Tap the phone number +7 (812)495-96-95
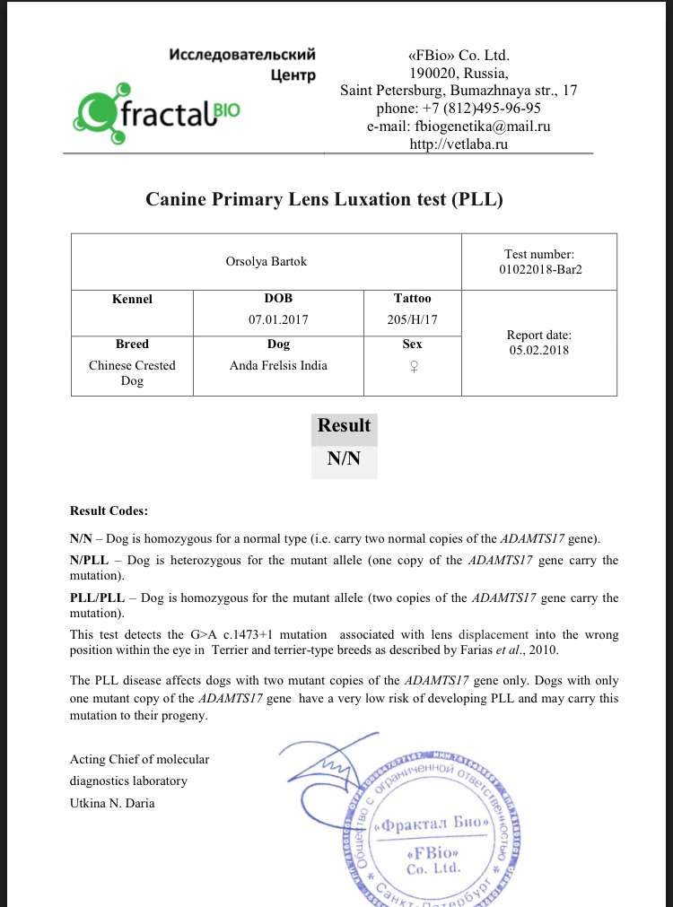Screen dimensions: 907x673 coord(459,108)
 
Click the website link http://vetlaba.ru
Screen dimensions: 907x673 coord(459,144)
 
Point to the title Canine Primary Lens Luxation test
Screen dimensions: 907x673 coord(324,199)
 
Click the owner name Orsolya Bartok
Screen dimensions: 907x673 coord(267,262)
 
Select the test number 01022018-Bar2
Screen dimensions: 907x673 coord(539,270)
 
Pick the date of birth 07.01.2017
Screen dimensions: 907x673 coord(278,319)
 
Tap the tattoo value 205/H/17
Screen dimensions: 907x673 coord(412,319)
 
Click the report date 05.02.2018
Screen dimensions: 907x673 coord(538,351)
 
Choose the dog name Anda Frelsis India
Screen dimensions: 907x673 coord(278,365)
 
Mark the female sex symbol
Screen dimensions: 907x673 coord(412,366)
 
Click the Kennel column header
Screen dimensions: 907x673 coord(132,299)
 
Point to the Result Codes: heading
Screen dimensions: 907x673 coord(109,510)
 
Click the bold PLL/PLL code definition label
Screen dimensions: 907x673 coord(95,597)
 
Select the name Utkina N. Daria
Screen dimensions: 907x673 coord(112,803)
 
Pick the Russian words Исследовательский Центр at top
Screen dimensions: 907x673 coord(243,65)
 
